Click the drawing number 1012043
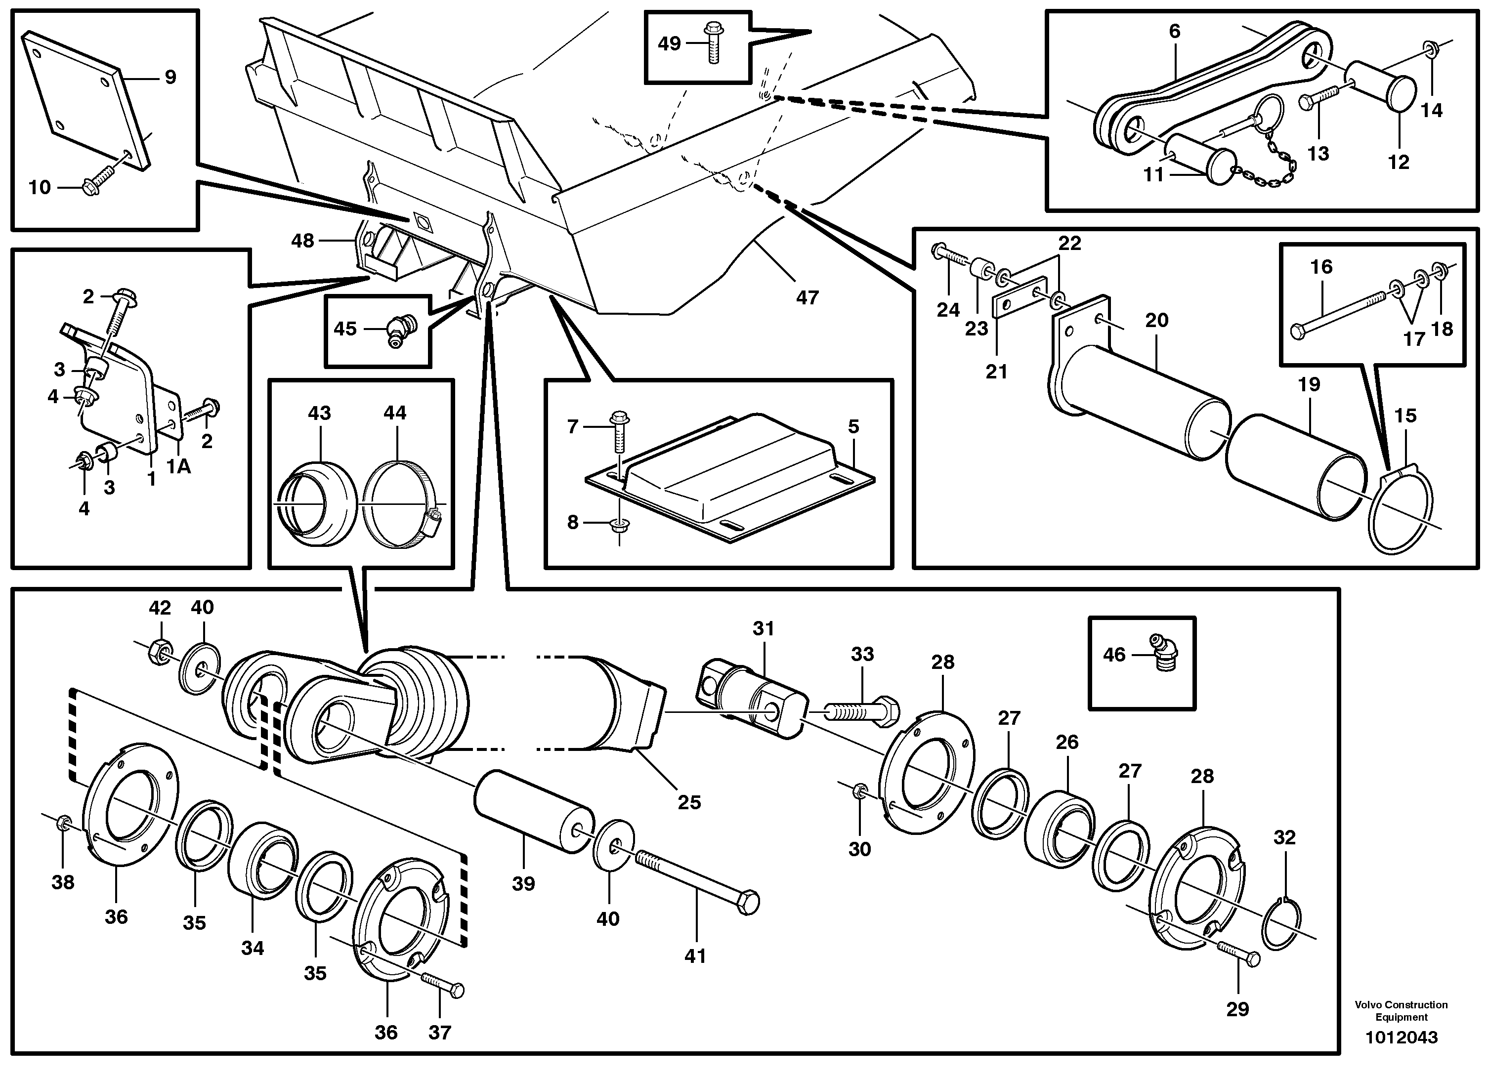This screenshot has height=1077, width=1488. tap(1402, 1037)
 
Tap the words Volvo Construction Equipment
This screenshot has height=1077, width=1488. tap(1401, 1011)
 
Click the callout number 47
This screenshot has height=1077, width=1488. tap(807, 298)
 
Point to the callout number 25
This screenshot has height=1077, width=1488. tap(689, 802)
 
